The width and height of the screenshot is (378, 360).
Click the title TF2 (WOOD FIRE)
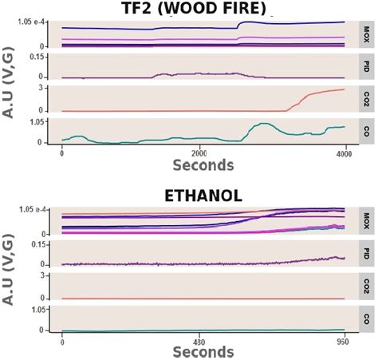[x=202, y=10]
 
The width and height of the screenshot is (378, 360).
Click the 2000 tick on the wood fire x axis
[x=199, y=152]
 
